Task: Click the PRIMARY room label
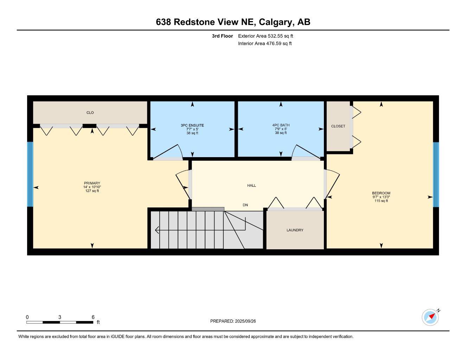point(92,183)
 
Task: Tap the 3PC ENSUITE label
point(192,126)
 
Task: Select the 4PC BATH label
point(281,125)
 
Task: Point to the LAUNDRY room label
point(295,230)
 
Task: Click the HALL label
point(251,186)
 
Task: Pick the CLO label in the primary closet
point(90,113)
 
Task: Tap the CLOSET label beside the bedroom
point(338,126)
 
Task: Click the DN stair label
point(245,205)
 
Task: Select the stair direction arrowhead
point(157,230)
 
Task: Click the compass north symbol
point(431,317)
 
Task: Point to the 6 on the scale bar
point(93,317)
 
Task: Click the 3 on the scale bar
point(60,317)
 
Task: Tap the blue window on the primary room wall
point(30,174)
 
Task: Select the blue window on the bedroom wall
point(436,175)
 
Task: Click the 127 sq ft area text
point(92,191)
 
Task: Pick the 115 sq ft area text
point(381,201)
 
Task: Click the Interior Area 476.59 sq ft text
point(265,44)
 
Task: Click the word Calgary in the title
point(276,22)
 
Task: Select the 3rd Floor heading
point(222,36)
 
